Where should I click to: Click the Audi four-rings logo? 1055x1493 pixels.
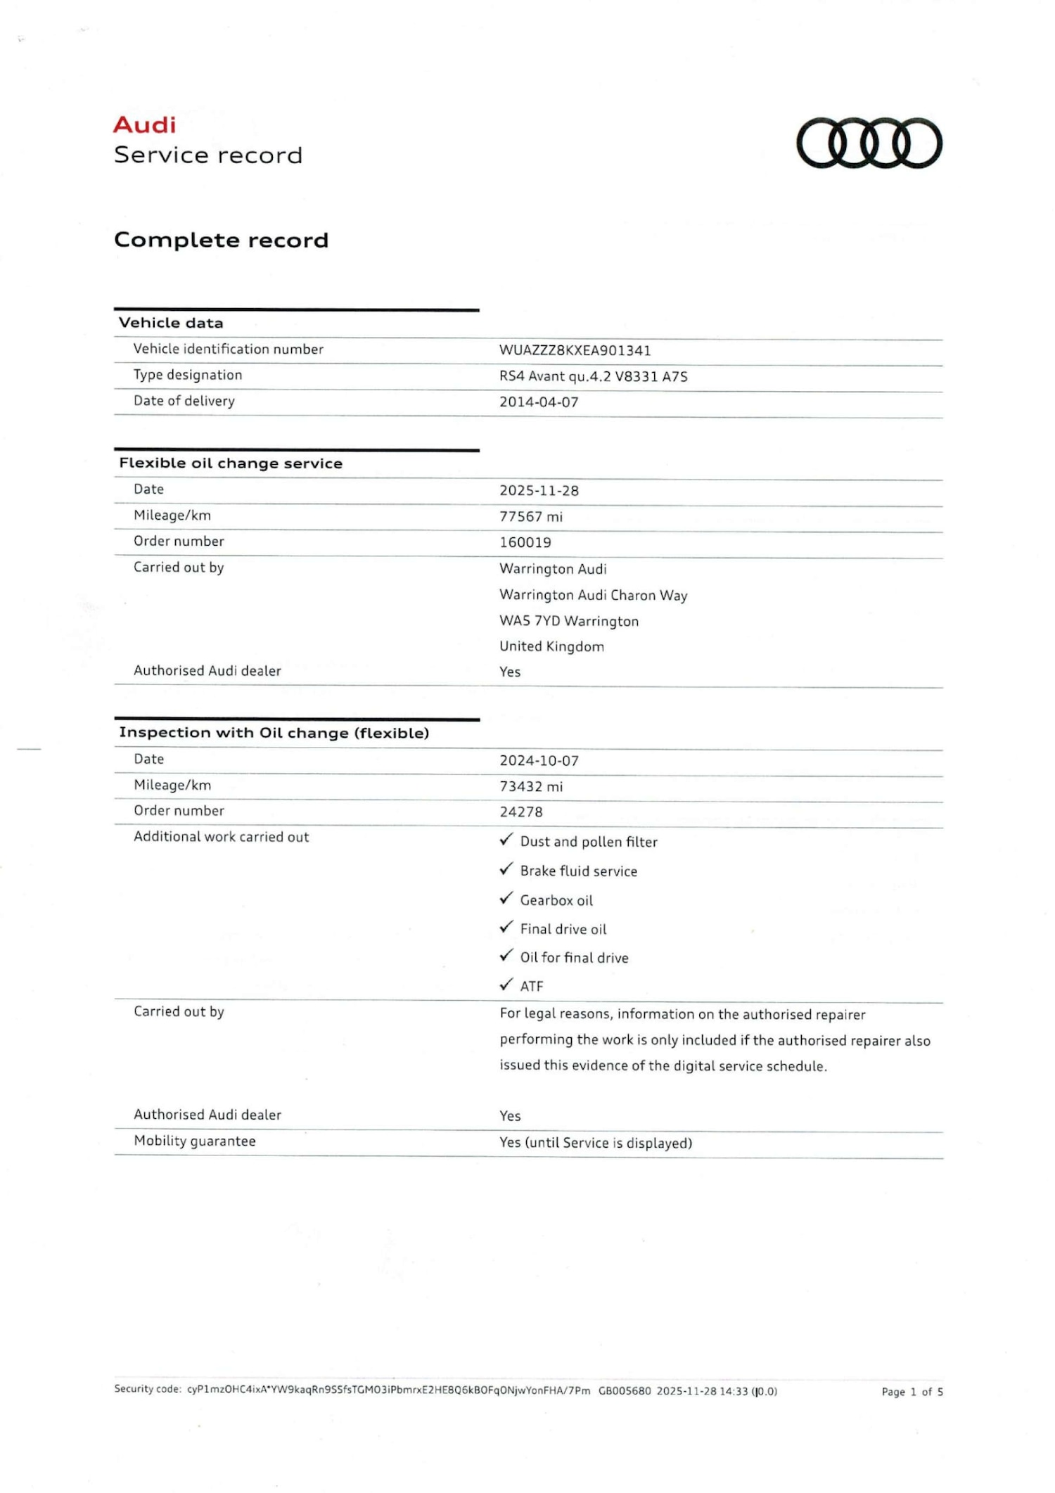click(x=869, y=144)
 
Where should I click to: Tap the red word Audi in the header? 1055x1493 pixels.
click(x=145, y=125)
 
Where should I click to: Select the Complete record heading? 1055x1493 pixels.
click(x=221, y=240)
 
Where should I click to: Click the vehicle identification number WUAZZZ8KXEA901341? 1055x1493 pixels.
click(x=575, y=350)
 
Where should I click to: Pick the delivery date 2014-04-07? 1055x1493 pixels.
click(x=539, y=402)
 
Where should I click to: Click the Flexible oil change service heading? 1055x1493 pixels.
click(x=231, y=463)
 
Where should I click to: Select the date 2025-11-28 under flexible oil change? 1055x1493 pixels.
click(x=539, y=491)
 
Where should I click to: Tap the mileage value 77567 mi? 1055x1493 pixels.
click(x=531, y=517)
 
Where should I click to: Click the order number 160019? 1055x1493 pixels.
click(x=525, y=543)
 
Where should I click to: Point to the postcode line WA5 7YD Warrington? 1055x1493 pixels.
click(x=569, y=621)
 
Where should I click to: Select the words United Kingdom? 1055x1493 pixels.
click(x=551, y=647)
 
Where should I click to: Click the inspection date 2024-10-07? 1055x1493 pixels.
click(x=539, y=761)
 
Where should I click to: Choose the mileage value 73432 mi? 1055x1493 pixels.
click(x=531, y=787)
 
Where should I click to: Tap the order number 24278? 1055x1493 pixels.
click(x=521, y=812)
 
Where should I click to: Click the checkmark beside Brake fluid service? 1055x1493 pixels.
click(x=506, y=870)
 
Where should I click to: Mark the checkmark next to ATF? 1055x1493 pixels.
click(x=506, y=985)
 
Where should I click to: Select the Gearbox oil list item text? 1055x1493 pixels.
click(x=556, y=901)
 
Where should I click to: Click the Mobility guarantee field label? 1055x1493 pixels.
click(x=195, y=1141)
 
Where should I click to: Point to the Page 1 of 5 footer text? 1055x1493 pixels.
click(x=912, y=1392)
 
